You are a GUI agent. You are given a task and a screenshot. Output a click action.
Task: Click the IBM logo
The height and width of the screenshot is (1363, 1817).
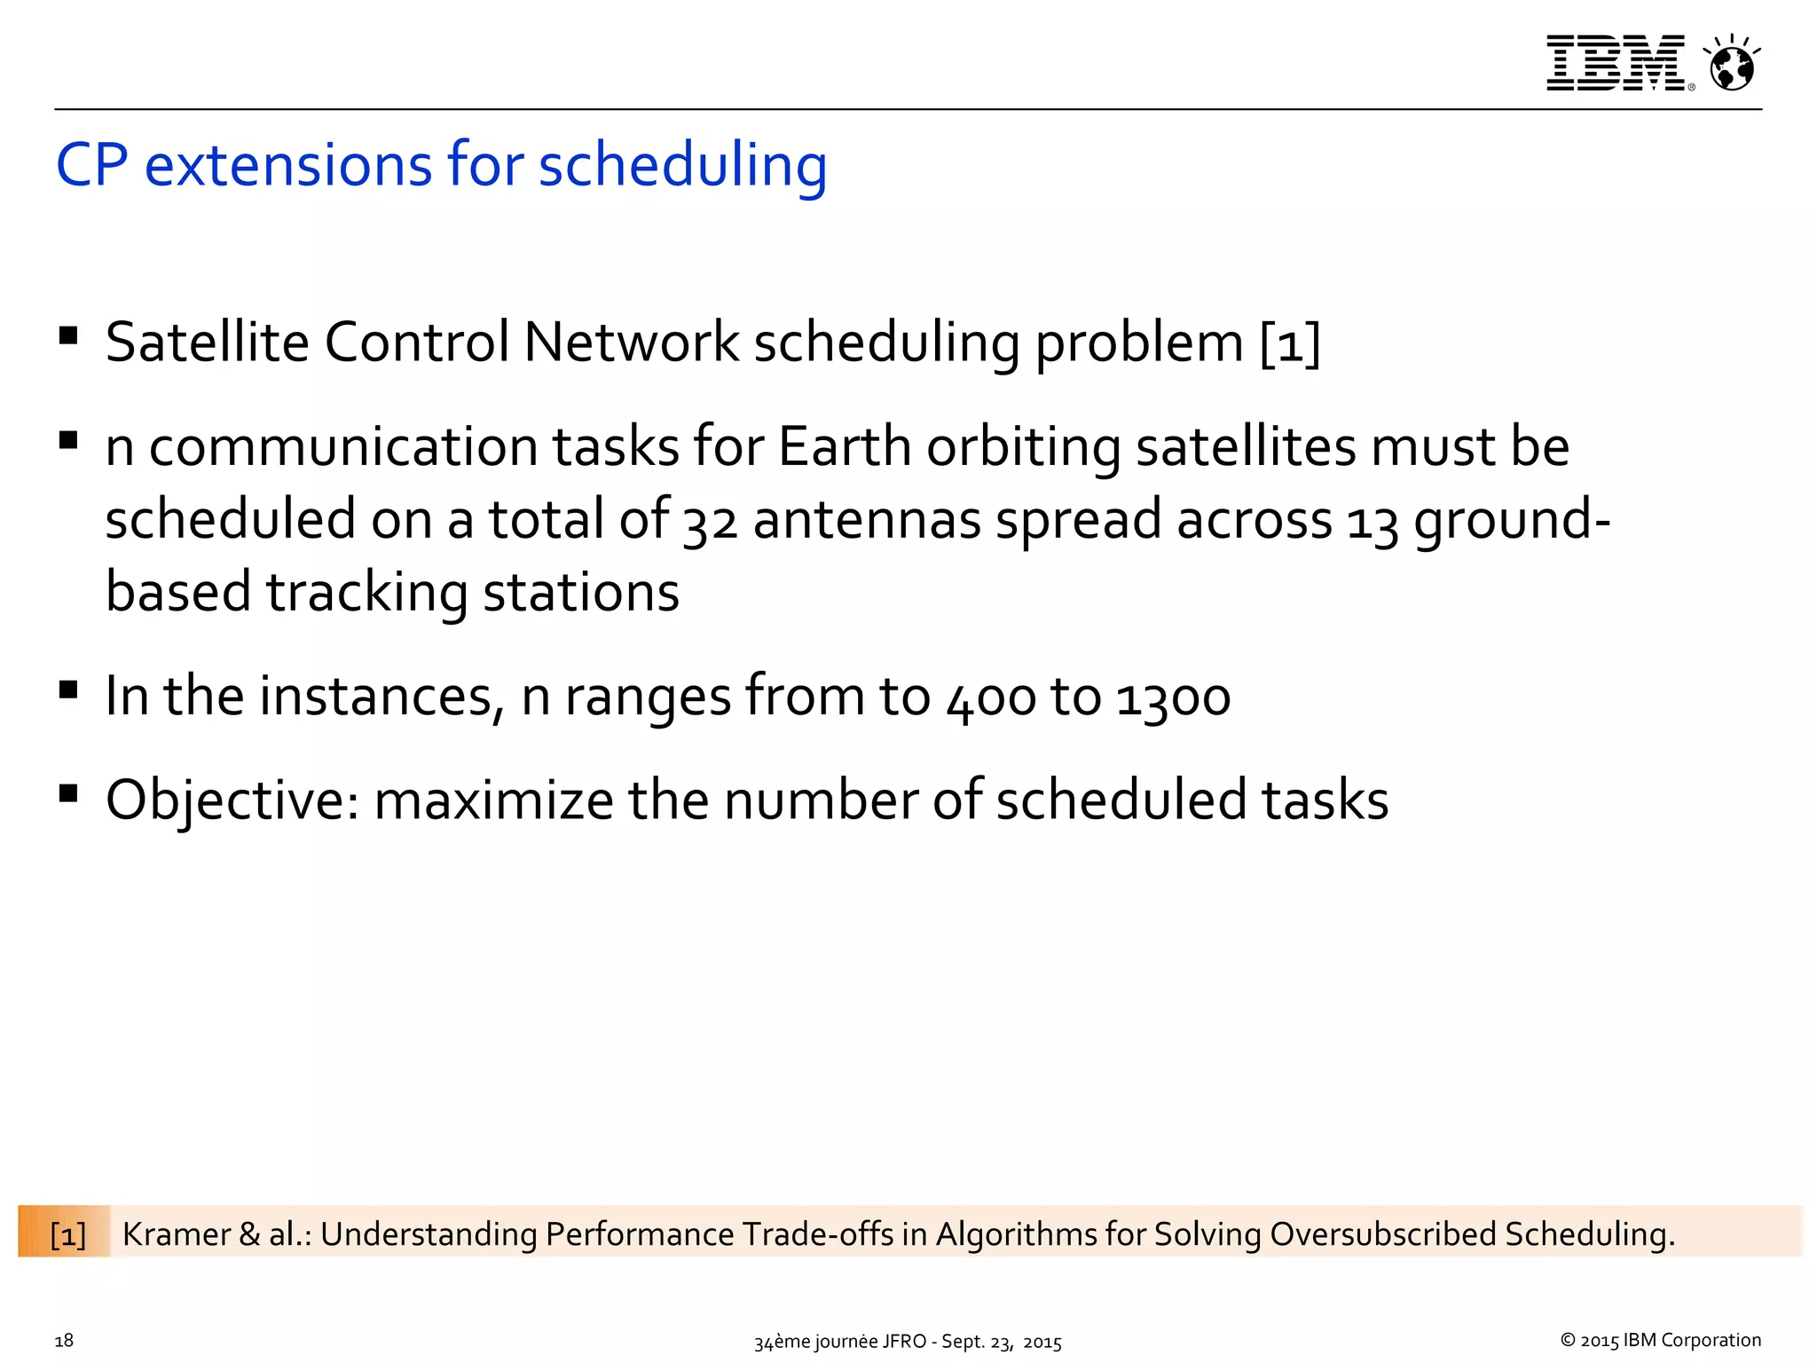[1616, 63]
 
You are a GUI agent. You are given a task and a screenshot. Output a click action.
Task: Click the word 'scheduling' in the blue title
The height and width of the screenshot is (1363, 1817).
[682, 166]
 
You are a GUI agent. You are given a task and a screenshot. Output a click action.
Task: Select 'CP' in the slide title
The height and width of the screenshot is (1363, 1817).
[91, 166]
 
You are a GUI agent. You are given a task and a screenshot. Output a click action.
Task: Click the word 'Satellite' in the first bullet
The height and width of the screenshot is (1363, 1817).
[207, 343]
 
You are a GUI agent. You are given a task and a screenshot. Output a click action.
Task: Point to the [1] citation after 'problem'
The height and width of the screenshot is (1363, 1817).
[1290, 343]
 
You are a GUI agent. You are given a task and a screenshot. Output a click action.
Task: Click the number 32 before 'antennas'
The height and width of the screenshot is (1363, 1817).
[710, 522]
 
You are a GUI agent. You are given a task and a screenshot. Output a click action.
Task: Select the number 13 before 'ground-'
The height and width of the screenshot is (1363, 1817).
[1372, 522]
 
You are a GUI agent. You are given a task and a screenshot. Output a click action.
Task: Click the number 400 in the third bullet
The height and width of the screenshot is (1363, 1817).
[990, 697]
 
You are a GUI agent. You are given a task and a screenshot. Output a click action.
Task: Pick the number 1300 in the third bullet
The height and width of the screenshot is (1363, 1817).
[1173, 697]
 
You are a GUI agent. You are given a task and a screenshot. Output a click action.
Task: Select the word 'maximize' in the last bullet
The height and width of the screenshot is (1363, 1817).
[493, 800]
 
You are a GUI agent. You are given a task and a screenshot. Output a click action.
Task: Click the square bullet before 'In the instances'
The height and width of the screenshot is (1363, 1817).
[68, 689]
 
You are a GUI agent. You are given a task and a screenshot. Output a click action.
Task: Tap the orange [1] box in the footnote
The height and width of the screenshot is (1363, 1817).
[67, 1234]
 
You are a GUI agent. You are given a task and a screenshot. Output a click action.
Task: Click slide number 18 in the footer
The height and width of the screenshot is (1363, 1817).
[64, 1341]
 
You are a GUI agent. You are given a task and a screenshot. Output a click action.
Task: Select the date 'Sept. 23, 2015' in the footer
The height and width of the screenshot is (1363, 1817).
[1001, 1342]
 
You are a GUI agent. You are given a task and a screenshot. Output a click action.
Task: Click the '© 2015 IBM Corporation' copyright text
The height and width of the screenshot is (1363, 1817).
[1660, 1340]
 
